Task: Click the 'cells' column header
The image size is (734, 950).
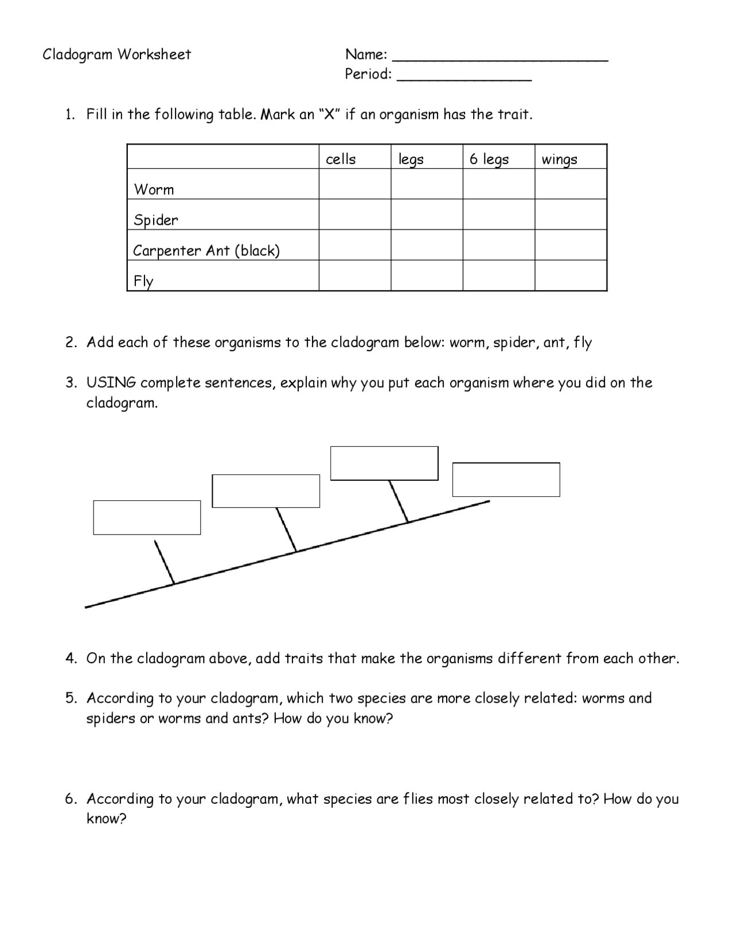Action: click(341, 159)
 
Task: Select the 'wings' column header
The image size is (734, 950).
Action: click(559, 159)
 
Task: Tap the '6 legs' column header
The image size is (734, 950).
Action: click(489, 159)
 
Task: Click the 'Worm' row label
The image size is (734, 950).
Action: click(154, 189)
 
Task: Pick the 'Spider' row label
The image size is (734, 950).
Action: click(156, 220)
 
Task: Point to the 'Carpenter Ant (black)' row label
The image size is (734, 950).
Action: click(206, 251)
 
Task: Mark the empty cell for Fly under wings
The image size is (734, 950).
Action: click(571, 275)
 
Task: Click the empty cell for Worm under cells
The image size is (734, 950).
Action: click(355, 184)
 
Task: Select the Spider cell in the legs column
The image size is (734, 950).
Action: click(427, 215)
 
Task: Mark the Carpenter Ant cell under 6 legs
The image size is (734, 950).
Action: click(499, 245)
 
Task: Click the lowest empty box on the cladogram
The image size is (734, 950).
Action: click(147, 517)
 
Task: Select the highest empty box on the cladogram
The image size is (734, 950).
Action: click(384, 463)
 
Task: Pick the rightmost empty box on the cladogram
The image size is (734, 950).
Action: click(506, 480)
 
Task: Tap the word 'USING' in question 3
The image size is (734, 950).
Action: click(111, 383)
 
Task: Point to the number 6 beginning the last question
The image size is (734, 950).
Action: click(69, 799)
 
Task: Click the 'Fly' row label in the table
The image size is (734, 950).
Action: click(143, 281)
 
